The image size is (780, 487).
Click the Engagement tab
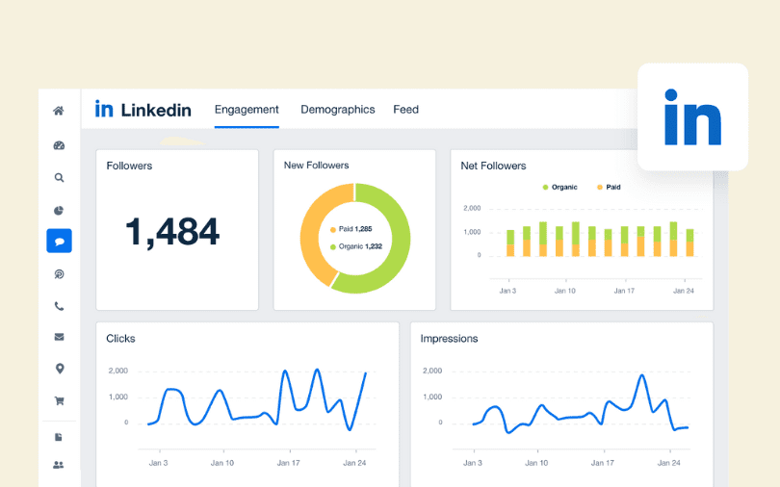[x=247, y=110]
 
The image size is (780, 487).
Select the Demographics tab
[x=337, y=110]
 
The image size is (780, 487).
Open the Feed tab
[x=405, y=110]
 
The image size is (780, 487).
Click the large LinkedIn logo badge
[x=692, y=117]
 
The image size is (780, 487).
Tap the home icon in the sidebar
[x=59, y=111]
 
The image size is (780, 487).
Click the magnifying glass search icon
[x=59, y=177]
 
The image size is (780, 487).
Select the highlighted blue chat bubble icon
[x=59, y=241]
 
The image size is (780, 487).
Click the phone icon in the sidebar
[x=59, y=306]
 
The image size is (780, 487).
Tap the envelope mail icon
[x=59, y=337]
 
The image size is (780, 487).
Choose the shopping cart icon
[x=59, y=401]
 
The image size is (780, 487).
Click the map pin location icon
[x=59, y=369]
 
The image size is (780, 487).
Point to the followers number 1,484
[x=172, y=231]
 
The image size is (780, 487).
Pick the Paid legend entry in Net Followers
[x=608, y=187]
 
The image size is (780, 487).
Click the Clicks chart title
[x=121, y=339]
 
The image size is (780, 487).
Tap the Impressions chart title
[x=449, y=339]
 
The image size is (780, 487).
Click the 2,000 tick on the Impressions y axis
[x=431, y=371]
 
